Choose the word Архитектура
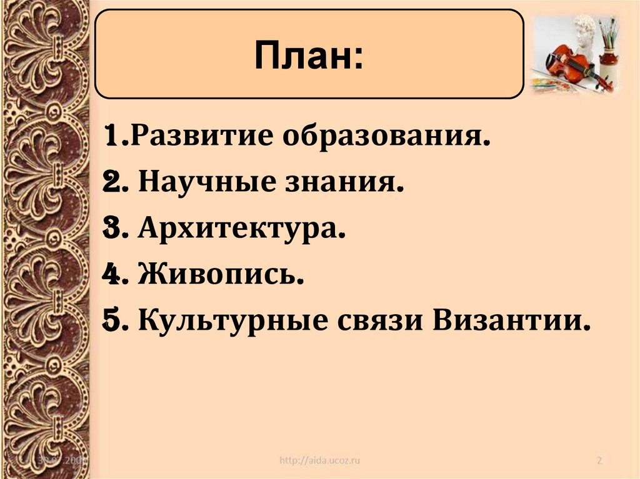pos(241,229)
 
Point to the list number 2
pos(113,183)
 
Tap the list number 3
pos(113,229)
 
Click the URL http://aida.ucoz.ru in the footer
pos(320,461)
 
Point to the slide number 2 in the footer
pos(599,461)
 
